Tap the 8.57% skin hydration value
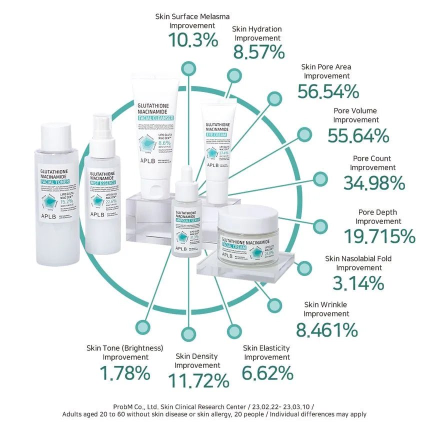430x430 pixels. click(259, 52)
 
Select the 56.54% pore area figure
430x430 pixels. click(328, 91)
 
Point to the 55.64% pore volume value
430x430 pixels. click(358, 135)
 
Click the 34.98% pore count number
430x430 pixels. click(374, 183)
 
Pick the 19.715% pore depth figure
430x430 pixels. click(379, 235)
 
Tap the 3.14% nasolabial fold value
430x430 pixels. click(358, 283)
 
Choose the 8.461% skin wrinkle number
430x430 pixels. click(327, 329)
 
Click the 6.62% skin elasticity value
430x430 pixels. click(267, 372)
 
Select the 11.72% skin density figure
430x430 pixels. click(198, 381)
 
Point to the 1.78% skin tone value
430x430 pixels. click(125, 372)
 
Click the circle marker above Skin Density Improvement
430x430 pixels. click(188, 332)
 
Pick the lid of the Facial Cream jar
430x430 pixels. click(247, 218)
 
